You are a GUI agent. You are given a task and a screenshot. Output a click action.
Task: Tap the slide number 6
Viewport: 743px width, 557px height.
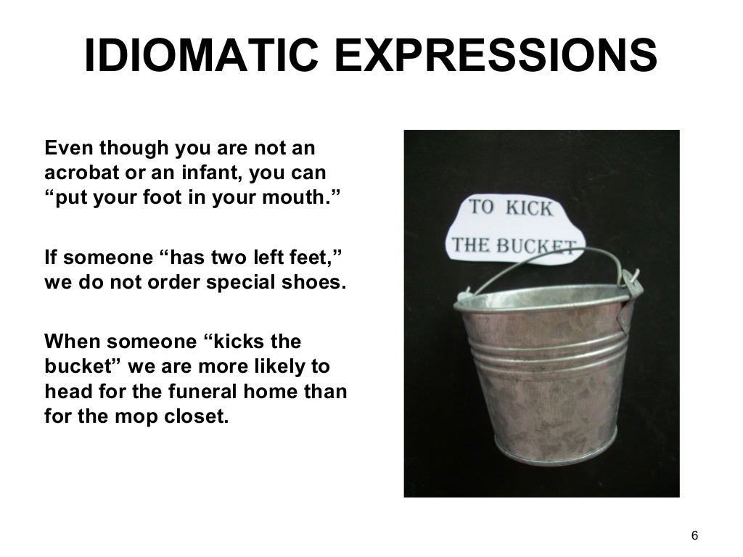tap(694, 536)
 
